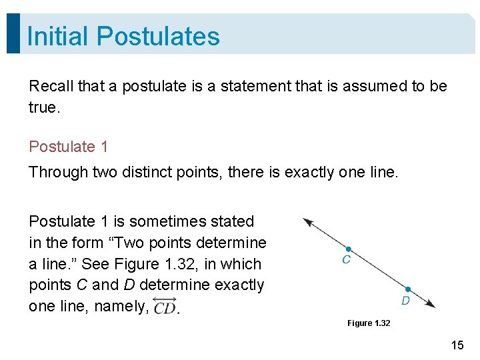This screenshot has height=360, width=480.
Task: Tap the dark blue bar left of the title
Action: coord(13,33)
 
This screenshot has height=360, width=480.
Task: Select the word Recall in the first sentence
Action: coord(51,86)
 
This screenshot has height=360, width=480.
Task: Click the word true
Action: coord(44,107)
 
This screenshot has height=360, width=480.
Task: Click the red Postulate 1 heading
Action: coord(68,147)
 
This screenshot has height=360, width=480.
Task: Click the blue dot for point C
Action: coord(348,249)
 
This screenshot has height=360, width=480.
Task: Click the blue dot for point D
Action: coord(408,289)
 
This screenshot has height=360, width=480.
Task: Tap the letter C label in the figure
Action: coord(346,260)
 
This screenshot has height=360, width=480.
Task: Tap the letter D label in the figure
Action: coord(405,301)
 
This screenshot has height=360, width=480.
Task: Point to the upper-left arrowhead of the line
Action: coord(307,221)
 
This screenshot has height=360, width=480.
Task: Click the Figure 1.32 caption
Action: coord(369,323)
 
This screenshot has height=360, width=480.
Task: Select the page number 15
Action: coord(457,345)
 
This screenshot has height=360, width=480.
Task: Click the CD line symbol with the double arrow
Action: coord(164,307)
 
